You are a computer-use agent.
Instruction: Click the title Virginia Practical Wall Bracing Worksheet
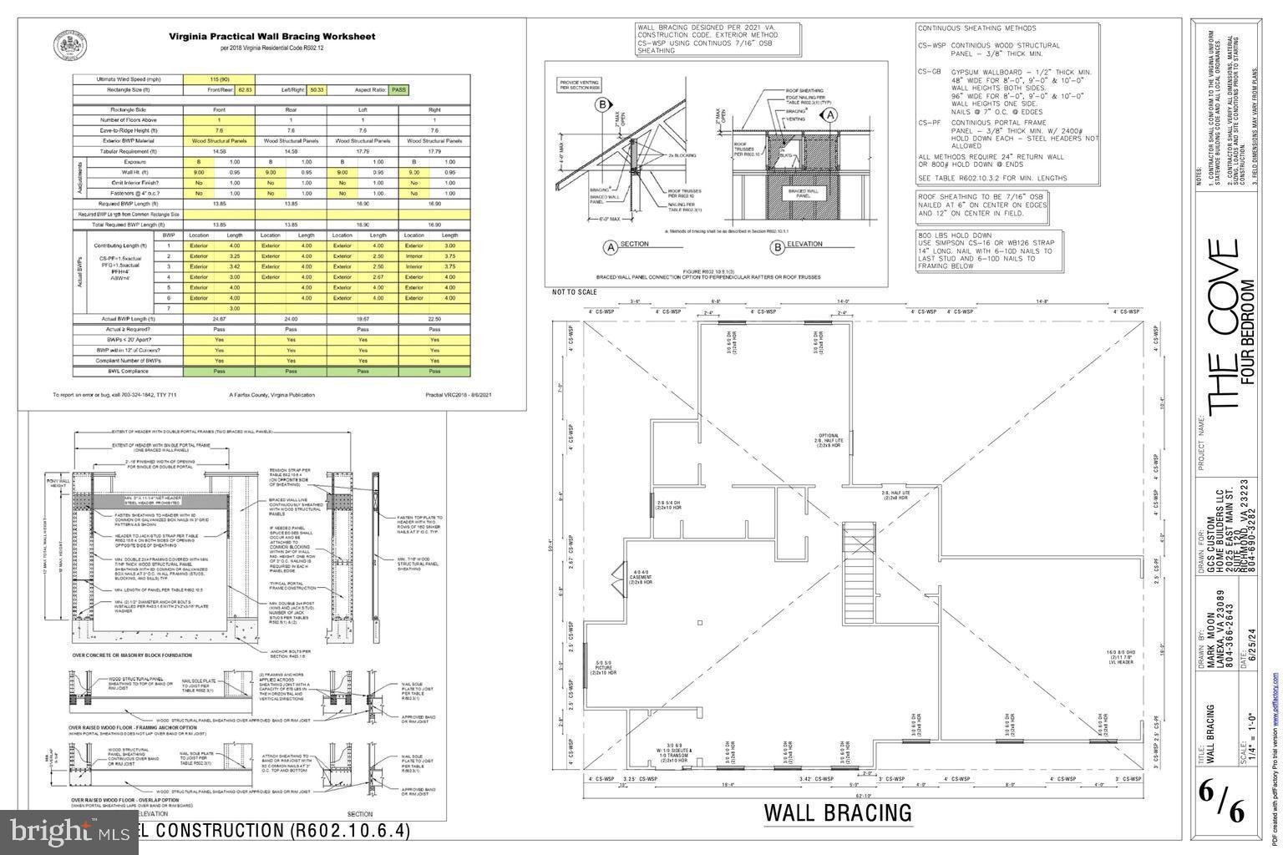pyautogui.click(x=272, y=37)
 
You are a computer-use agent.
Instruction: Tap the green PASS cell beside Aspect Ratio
pyautogui.click(x=398, y=89)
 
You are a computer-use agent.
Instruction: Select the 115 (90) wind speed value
pyautogui.click(x=219, y=79)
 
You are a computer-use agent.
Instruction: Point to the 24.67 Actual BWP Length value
pyautogui.click(x=219, y=318)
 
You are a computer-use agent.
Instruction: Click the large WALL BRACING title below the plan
pyautogui.click(x=838, y=812)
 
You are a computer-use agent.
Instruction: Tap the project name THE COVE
pyautogui.click(x=1222, y=326)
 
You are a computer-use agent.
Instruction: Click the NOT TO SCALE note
pyautogui.click(x=574, y=292)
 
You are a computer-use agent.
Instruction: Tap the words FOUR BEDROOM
pyautogui.click(x=1248, y=331)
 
